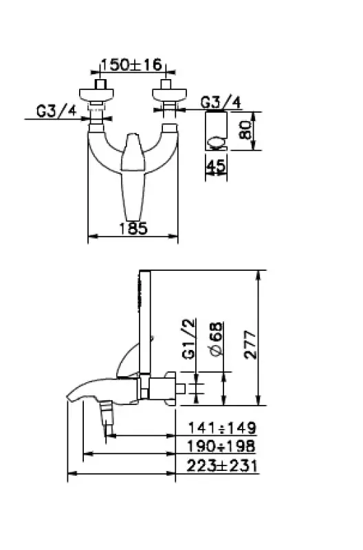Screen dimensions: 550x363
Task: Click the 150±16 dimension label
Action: click(131, 65)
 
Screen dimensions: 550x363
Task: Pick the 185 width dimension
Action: click(133, 229)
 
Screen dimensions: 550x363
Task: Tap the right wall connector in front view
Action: click(165, 103)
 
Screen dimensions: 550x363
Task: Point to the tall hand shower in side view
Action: click(144, 316)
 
